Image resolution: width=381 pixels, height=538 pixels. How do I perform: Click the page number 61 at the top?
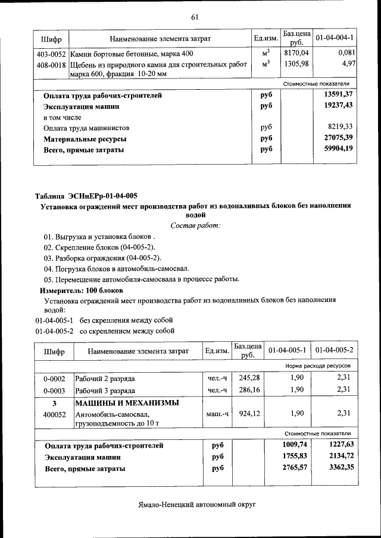(194, 17)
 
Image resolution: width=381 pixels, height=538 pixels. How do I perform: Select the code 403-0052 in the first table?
(51, 54)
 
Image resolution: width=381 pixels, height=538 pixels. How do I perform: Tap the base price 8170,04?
(296, 54)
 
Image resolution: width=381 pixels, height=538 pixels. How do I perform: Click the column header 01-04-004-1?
(335, 39)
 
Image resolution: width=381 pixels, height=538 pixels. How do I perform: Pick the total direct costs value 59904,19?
(338, 149)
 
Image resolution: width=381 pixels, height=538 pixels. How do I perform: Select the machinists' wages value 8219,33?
(341, 127)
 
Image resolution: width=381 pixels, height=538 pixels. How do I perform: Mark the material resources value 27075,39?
(338, 139)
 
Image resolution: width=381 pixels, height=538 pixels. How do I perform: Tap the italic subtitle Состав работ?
(195, 225)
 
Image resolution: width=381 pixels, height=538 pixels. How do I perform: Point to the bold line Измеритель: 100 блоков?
(81, 290)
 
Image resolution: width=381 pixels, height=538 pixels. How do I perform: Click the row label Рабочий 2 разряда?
(105, 378)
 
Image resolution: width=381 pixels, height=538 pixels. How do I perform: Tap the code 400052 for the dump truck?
(54, 414)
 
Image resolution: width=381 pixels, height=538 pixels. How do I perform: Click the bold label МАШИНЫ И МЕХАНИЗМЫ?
(127, 403)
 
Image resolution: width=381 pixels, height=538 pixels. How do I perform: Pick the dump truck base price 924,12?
(246, 414)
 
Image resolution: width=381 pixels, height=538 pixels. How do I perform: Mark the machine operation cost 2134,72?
(338, 457)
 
